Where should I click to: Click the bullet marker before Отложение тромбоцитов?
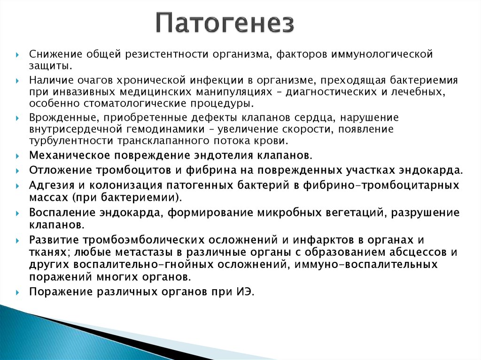(18, 170)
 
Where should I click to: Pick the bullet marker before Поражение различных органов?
(18, 292)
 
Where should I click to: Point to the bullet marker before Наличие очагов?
(18, 81)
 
